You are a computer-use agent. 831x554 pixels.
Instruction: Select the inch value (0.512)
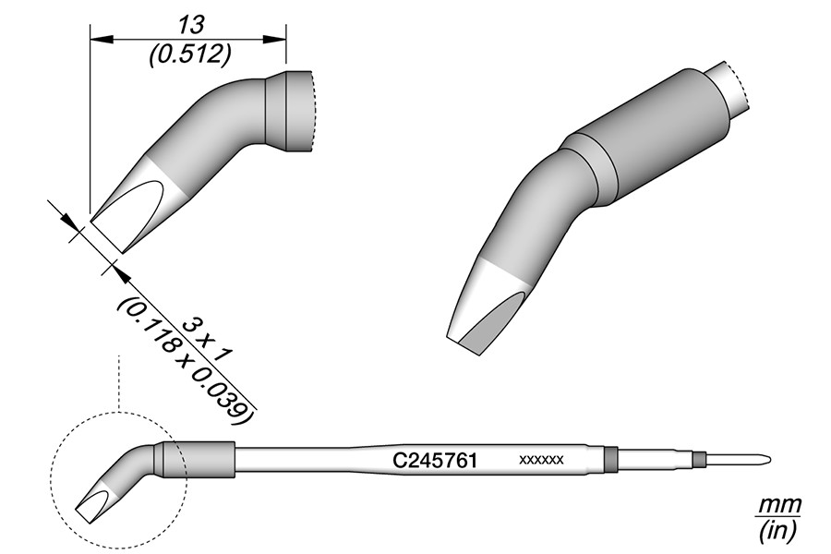pyautogui.click(x=189, y=54)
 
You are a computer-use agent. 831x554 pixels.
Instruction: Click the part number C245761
pyautogui.click(x=434, y=459)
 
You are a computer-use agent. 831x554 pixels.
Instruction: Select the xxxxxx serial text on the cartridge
pyautogui.click(x=542, y=459)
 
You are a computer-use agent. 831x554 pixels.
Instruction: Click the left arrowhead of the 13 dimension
pyautogui.click(x=96, y=38)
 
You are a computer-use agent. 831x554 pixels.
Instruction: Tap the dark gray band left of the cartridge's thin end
pyautogui.click(x=609, y=458)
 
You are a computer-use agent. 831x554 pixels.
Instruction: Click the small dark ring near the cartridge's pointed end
pyautogui.click(x=699, y=459)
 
